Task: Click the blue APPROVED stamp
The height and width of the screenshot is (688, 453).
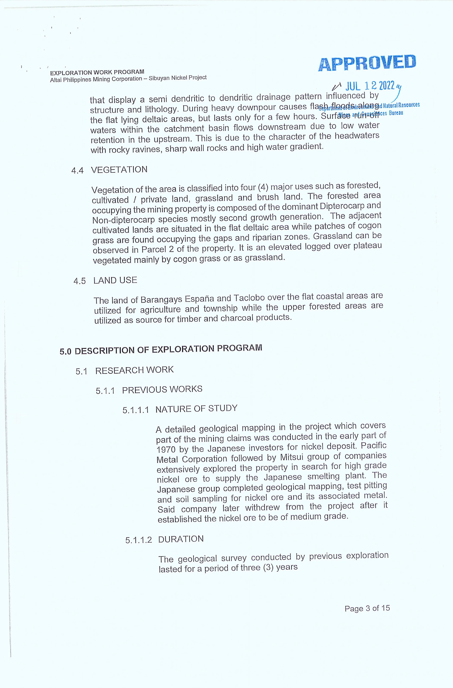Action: [x=367, y=62]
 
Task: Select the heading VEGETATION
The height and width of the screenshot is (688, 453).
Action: [x=119, y=169]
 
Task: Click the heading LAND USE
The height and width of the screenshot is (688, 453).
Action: [x=115, y=280]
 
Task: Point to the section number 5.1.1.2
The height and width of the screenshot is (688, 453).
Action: [x=138, y=540]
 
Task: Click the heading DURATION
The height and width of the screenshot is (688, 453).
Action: [x=181, y=539]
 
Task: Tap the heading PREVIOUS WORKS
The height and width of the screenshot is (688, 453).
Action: [x=162, y=390]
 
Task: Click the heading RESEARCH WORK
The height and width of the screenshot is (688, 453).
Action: [x=134, y=370]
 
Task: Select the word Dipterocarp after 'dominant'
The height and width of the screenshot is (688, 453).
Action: [x=342, y=206]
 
